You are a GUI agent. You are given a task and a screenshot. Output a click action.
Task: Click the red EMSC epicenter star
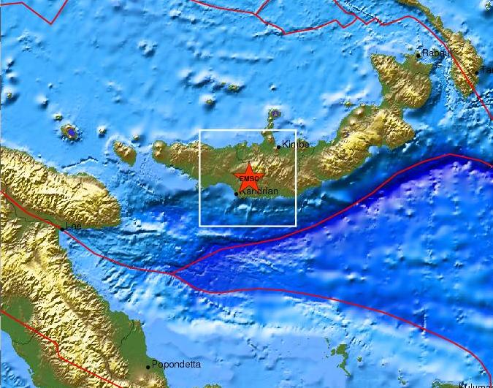[x=248, y=178]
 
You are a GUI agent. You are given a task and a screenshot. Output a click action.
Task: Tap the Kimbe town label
[x=295, y=145]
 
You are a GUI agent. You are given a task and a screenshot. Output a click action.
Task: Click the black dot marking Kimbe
[x=278, y=147]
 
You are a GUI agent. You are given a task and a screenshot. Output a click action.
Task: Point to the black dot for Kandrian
[x=236, y=194]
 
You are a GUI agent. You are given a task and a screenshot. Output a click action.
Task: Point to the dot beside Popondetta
[x=148, y=366]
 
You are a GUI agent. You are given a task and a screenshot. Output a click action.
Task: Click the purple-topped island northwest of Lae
[x=71, y=132]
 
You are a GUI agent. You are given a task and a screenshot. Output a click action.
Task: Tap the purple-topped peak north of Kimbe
[x=274, y=114]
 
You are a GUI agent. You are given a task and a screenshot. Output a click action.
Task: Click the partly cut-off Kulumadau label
[x=478, y=384]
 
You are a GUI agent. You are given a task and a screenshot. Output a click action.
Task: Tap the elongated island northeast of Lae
[x=124, y=152]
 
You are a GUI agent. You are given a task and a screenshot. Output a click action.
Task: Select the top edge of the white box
[x=248, y=130]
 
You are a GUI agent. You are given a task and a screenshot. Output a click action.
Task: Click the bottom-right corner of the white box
[x=296, y=226]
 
